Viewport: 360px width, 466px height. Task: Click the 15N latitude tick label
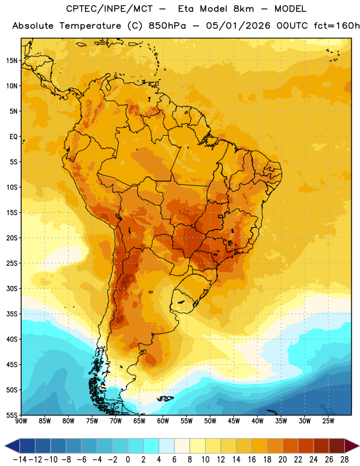(x=12, y=61)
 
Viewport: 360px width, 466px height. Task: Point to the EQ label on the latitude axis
(x=13, y=137)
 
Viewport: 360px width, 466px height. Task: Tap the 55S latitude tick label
(x=12, y=415)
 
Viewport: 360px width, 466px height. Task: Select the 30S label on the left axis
(x=12, y=288)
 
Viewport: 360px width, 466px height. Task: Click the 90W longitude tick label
(x=21, y=421)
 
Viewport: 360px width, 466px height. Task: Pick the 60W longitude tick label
(x=163, y=421)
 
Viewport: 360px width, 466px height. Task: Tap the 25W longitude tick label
(x=328, y=421)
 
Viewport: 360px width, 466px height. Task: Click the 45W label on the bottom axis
(x=234, y=421)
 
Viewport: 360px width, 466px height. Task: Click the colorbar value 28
(x=344, y=460)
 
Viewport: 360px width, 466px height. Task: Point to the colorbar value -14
(x=20, y=460)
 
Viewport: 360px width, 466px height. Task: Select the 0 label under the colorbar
(x=128, y=460)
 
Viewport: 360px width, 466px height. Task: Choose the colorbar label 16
(x=252, y=460)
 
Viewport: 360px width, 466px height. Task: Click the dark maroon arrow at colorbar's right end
(x=352, y=446)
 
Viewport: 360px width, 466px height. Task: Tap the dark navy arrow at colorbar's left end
(x=12, y=446)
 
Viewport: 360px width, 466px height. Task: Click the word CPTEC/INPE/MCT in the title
(x=110, y=9)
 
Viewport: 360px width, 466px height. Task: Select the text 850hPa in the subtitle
(x=167, y=26)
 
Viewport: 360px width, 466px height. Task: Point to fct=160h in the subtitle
(x=337, y=26)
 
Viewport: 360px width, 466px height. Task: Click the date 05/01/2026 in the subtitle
(x=238, y=26)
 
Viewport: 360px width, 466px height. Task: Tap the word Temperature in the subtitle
(x=90, y=26)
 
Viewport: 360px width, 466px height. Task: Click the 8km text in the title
(x=243, y=9)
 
